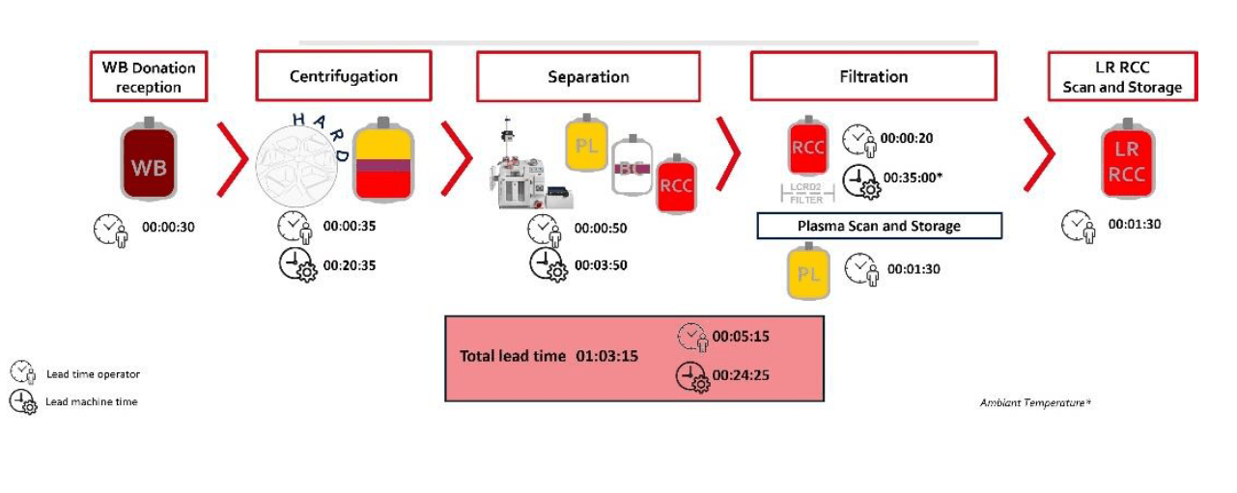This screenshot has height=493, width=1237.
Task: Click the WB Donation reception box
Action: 149,77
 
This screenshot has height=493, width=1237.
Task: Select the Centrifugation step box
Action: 343,76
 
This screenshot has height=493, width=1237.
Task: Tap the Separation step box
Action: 587,76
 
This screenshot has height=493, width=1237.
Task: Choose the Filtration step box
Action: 873,76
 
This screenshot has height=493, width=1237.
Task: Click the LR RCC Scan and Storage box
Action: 1122,77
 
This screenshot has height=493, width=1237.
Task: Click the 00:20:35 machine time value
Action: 350,264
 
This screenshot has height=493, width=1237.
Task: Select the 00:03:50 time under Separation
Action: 601,264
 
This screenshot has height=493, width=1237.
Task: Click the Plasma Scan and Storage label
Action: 879,226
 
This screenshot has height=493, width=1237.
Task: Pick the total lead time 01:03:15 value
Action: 607,356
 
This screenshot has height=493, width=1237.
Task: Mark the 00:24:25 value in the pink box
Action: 741,375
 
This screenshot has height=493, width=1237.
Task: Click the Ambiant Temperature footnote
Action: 1035,402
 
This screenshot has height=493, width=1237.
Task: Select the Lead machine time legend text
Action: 92,401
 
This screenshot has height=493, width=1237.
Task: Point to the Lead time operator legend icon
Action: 22,373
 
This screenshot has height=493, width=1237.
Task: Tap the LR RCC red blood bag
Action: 1127,160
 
